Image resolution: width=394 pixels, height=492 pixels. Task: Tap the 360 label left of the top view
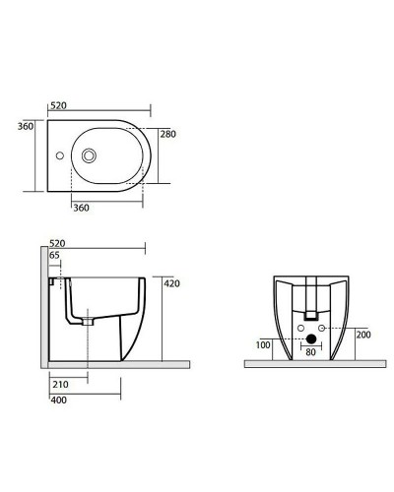[27, 126]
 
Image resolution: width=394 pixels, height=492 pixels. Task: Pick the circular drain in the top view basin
[91, 154]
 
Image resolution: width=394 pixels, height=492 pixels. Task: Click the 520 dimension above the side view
[58, 242]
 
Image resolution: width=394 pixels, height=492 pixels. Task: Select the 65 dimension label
[55, 256]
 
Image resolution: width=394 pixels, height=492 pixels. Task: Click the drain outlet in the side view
[88, 320]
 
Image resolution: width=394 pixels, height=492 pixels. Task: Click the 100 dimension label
[263, 345]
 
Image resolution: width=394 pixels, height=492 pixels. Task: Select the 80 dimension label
[310, 350]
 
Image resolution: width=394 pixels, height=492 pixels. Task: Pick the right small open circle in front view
[324, 329]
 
